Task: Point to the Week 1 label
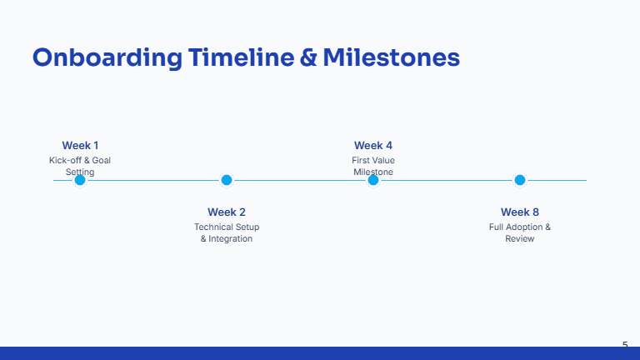coord(80,145)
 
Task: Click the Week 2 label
coord(226,212)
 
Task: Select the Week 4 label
coord(372,145)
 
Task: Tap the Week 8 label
coord(519,212)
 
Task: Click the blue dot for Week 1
coord(80,180)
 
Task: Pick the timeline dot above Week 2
coord(226,180)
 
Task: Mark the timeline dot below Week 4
coord(373,180)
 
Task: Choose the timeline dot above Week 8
coord(519,180)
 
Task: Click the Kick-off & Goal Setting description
coord(80,166)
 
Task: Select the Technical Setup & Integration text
coord(226,232)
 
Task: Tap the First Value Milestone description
coord(372,166)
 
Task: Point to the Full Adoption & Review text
coord(519,232)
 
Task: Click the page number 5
coord(625,344)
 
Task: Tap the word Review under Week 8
coord(519,239)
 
